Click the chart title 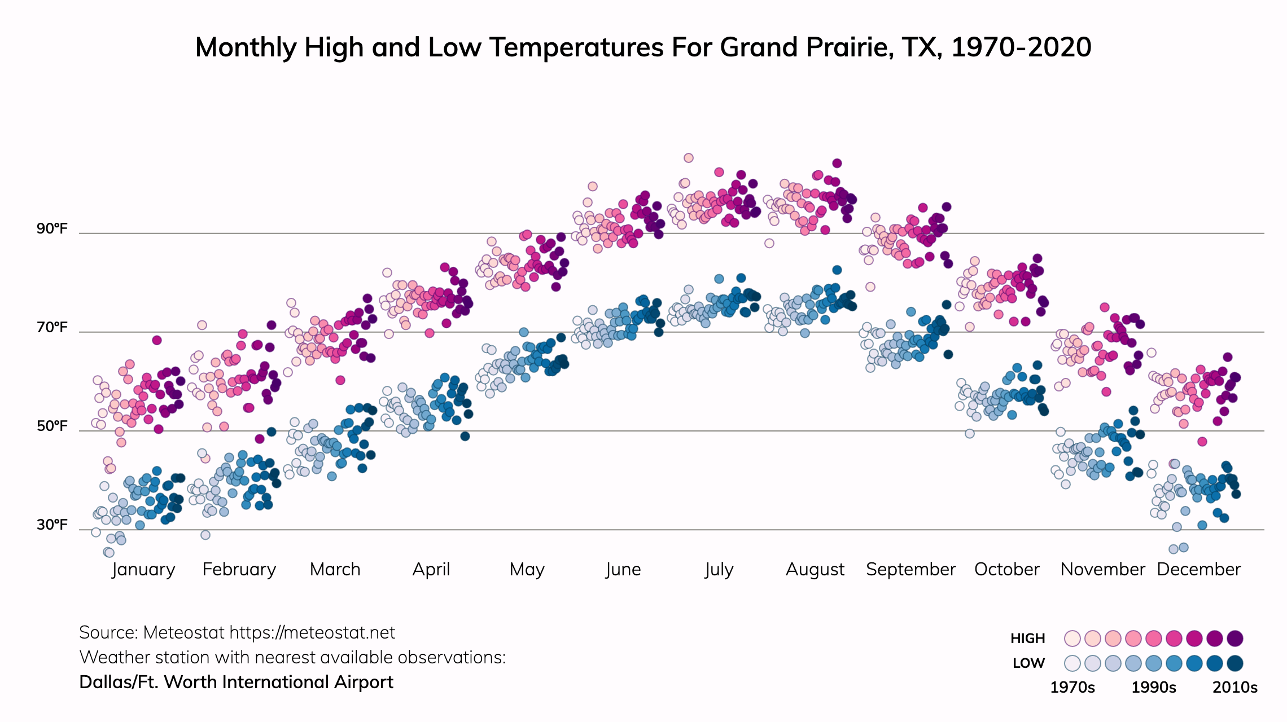click(643, 47)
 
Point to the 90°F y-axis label click(52, 229)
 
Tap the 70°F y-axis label click(52, 328)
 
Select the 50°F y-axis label click(52, 426)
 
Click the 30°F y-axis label click(52, 525)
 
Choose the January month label click(143, 570)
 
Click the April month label click(431, 570)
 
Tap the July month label click(719, 570)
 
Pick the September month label click(910, 570)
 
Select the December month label click(1199, 570)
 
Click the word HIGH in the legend click(1028, 639)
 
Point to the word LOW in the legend click(1028, 663)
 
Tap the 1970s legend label click(1072, 688)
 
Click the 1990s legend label click(1154, 688)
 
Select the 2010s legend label click(1235, 688)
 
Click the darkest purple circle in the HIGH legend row click(1235, 639)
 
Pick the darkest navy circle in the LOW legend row click(1235, 663)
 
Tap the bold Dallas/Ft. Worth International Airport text click(236, 683)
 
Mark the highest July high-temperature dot click(689, 158)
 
